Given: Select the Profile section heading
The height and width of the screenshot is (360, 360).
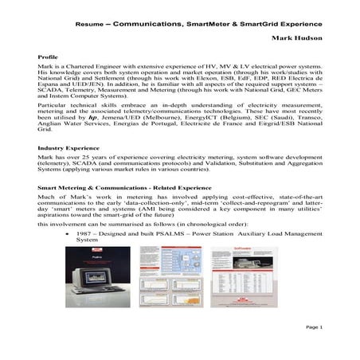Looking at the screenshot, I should coord(49,57).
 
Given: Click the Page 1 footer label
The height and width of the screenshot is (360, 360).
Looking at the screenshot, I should coord(312,327).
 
